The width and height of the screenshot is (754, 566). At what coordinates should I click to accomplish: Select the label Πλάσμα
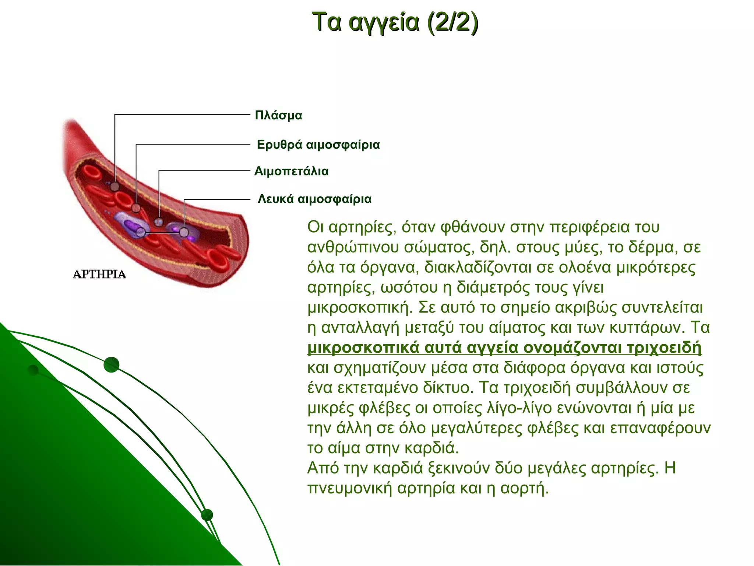point(278,115)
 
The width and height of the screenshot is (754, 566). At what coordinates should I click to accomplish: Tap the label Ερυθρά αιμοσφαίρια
point(318,144)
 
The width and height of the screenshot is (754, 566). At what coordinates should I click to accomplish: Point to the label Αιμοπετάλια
point(291,171)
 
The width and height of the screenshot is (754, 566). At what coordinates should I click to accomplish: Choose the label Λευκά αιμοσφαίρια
point(314,199)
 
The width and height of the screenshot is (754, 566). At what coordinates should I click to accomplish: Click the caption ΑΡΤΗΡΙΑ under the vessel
point(99,275)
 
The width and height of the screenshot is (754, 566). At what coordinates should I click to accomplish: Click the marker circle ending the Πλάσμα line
point(115,187)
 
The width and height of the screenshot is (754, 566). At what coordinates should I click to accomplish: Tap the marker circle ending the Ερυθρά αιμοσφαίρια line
point(136,208)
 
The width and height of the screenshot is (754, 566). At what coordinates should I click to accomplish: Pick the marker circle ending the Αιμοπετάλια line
point(159,222)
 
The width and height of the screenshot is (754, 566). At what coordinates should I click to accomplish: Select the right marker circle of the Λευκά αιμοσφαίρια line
point(184,232)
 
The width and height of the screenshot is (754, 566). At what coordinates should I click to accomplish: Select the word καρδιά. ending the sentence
point(431,448)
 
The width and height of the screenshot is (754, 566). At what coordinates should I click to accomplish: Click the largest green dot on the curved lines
point(111,365)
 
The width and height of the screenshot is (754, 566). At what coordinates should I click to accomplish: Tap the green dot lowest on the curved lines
point(207,515)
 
